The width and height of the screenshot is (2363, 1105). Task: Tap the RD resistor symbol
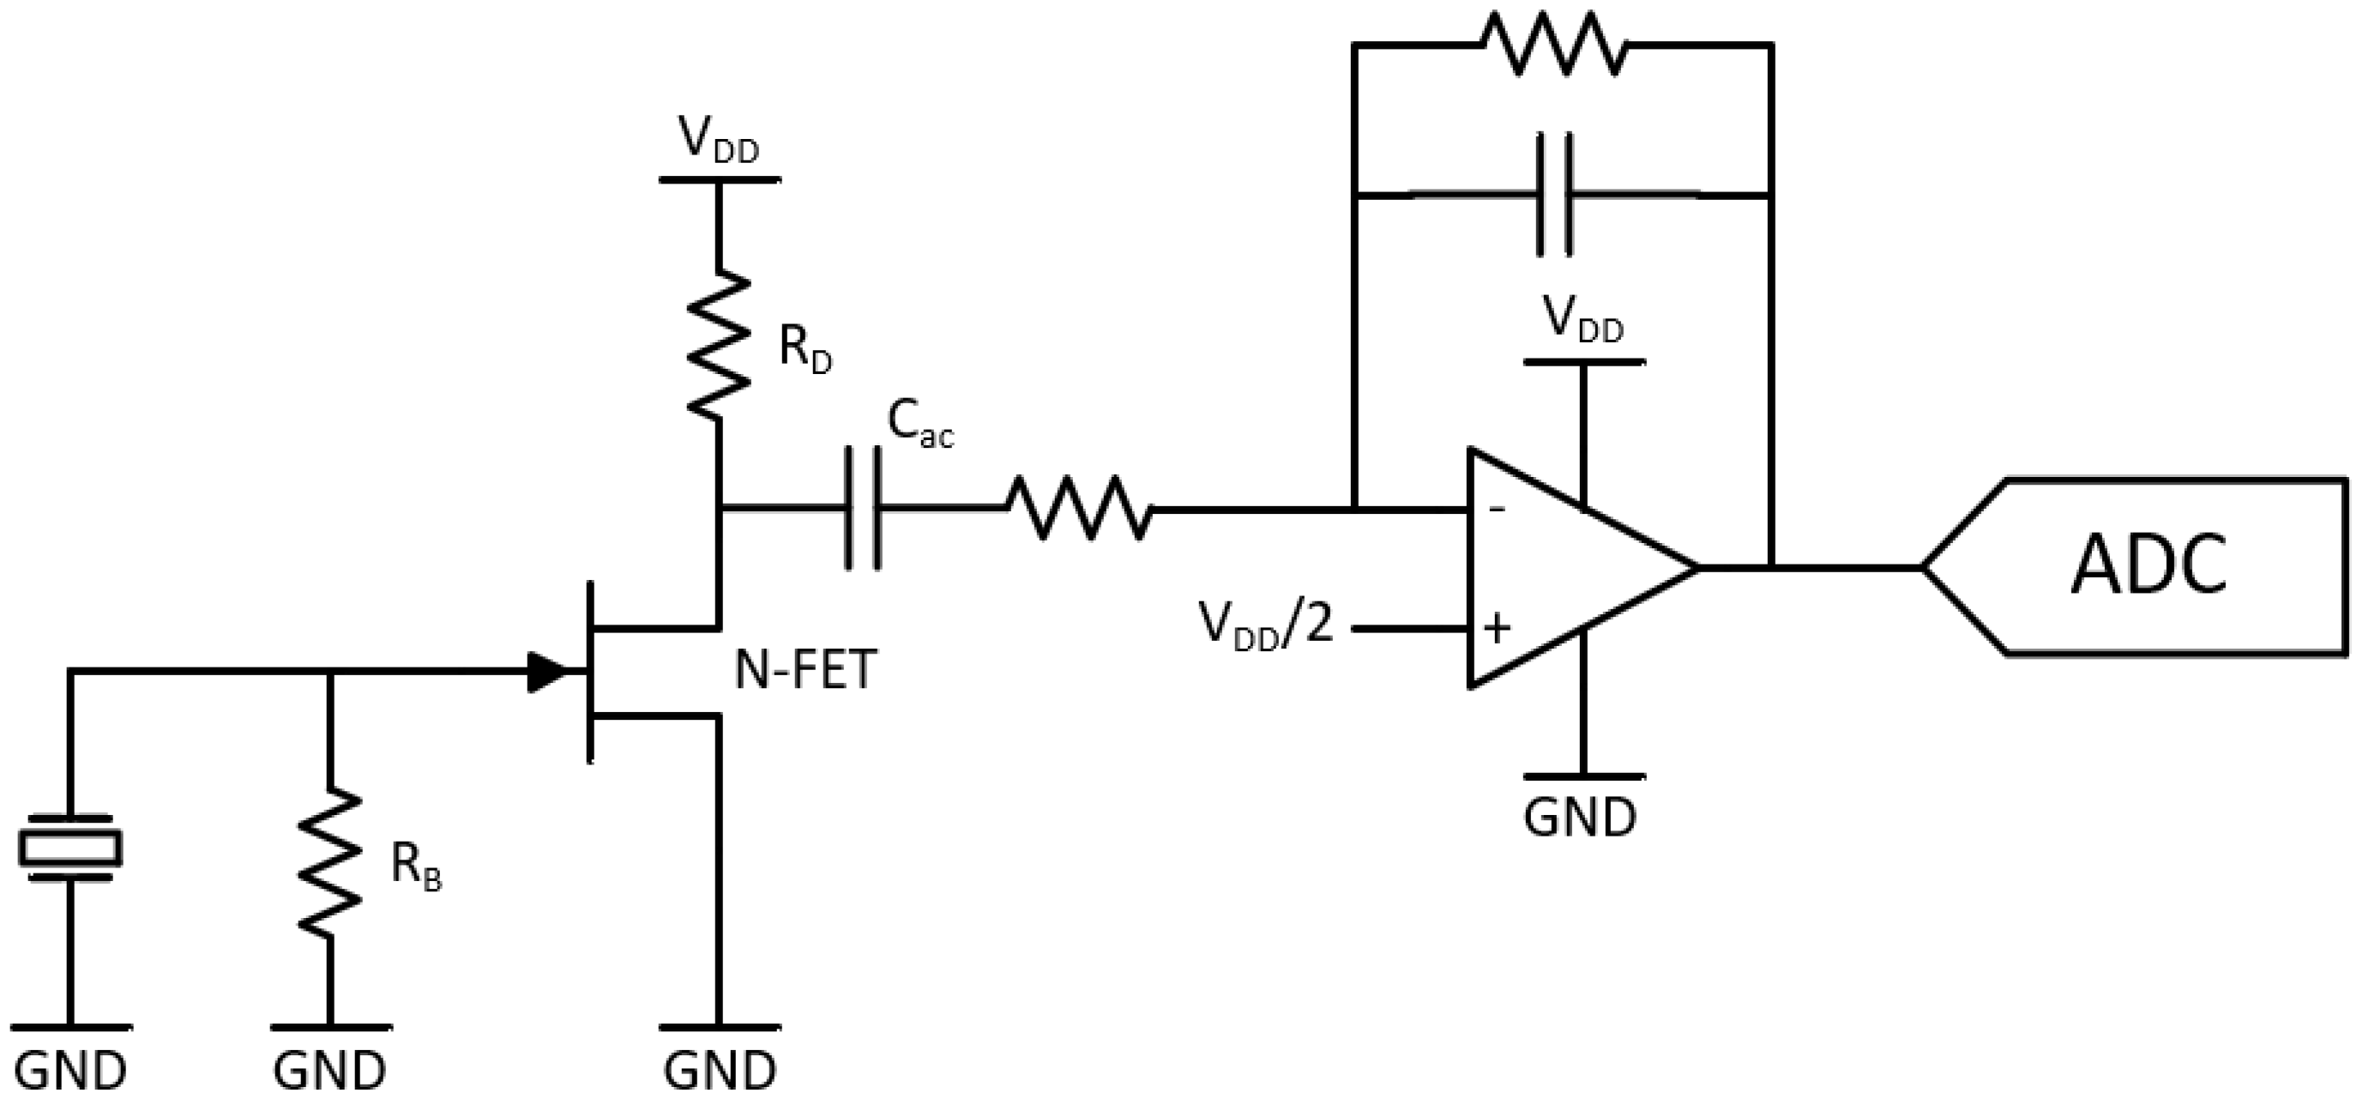pyautogui.click(x=719, y=343)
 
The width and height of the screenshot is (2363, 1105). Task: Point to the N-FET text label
pyautogui.click(x=805, y=670)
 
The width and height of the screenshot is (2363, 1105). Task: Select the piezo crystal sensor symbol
pyautogui.click(x=69, y=846)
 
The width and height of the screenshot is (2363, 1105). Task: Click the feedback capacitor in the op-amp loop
pyautogui.click(x=1554, y=195)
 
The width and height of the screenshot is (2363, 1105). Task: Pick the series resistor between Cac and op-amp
pyautogui.click(x=1079, y=508)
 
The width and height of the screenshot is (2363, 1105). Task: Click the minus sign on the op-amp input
pyautogui.click(x=1496, y=508)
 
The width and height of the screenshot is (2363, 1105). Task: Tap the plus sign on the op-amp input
pyautogui.click(x=1496, y=629)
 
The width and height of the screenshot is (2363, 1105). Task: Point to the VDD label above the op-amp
pyautogui.click(x=1582, y=319)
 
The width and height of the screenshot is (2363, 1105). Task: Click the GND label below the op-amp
pyautogui.click(x=1580, y=817)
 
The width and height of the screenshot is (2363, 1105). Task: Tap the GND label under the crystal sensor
pyautogui.click(x=69, y=1070)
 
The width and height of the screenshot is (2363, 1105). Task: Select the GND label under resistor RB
pyautogui.click(x=329, y=1070)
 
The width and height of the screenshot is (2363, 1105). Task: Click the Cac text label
pyautogui.click(x=919, y=424)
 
